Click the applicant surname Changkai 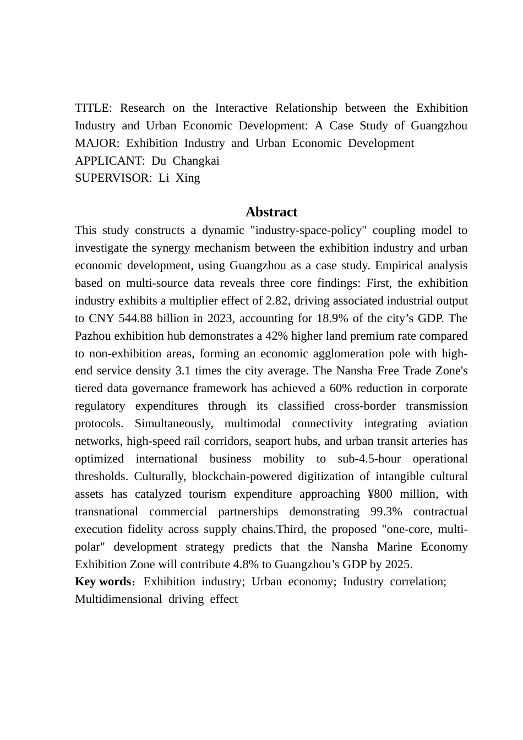[x=196, y=161]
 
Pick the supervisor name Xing [x=188, y=178]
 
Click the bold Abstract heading [x=271, y=212]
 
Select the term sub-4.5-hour [x=367, y=459]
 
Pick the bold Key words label [x=102, y=581]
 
